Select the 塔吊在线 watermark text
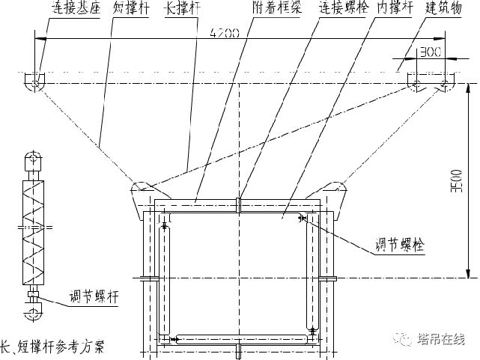coord(445,339)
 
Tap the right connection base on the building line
coord(430,81)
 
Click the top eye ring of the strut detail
coord(33,158)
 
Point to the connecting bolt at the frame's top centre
coord(238,204)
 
